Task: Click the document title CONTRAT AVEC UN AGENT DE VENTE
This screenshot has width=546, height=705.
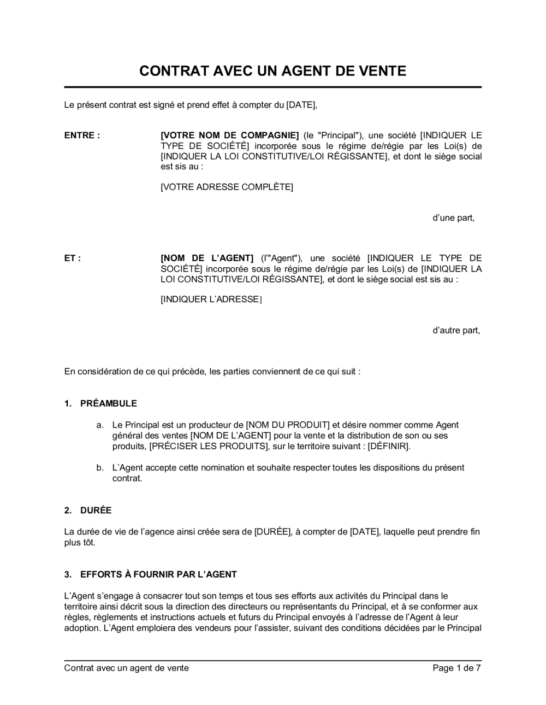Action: [x=272, y=70]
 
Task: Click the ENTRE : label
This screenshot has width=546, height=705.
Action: [x=82, y=136]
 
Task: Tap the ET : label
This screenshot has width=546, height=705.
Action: [x=73, y=258]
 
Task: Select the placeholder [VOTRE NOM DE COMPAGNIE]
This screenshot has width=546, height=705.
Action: [x=230, y=136]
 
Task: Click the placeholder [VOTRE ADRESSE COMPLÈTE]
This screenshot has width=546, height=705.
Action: [x=227, y=187]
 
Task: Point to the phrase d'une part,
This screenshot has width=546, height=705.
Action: [x=453, y=218]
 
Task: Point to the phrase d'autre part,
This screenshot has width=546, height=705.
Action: [x=456, y=330]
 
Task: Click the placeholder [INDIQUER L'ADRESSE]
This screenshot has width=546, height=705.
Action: [x=211, y=299]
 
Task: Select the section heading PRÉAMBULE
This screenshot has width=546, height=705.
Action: [x=109, y=403]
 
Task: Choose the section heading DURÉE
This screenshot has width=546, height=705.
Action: [x=96, y=510]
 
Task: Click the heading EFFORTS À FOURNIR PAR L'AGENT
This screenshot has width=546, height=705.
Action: [x=158, y=574]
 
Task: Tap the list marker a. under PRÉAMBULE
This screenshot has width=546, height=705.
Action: [x=100, y=425]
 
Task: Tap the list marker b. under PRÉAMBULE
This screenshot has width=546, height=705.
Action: [x=100, y=467]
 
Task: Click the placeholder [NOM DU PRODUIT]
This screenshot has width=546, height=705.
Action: [x=288, y=425]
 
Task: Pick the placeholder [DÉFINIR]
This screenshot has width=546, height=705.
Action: [x=388, y=446]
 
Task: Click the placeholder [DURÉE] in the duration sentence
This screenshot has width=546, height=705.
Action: [x=272, y=532]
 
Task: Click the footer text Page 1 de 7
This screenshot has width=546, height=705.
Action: [x=456, y=668]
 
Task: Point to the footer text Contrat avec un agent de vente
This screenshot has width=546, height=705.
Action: [x=127, y=668]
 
